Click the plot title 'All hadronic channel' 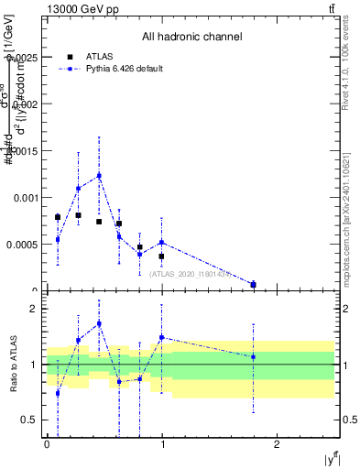tap(191, 38)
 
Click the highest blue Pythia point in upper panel tap(99, 175)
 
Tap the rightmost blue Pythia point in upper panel tap(254, 285)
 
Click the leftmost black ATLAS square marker tap(58, 217)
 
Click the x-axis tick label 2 tap(277, 444)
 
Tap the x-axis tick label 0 tap(47, 444)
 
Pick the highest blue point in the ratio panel tap(99, 323)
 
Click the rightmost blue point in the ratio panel tap(254, 356)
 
